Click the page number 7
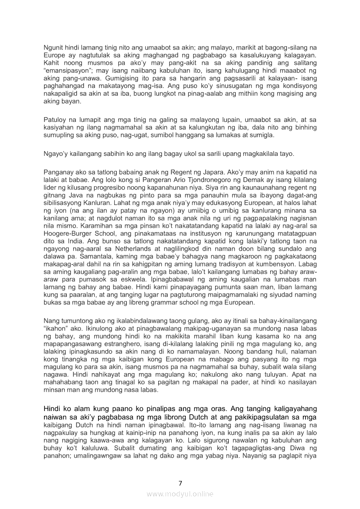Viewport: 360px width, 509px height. click(x=180, y=482)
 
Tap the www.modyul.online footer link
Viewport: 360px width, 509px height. click(x=180, y=494)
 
